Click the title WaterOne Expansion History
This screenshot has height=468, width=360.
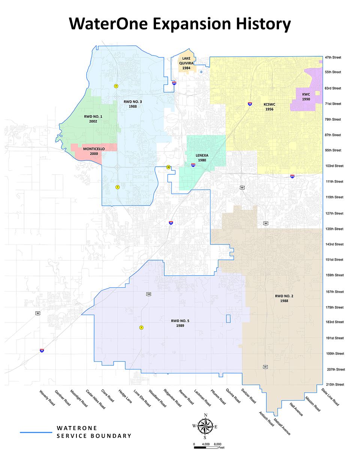point(180,23)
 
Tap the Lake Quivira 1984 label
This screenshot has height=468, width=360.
point(186,63)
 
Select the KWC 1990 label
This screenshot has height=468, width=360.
point(306,97)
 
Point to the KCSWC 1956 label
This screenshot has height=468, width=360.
point(269,107)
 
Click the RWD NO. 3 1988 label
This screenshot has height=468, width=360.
point(132,104)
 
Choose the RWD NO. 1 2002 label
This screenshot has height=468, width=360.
point(93,119)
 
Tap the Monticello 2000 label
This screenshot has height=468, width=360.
point(94,151)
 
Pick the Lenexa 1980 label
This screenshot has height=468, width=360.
point(202,157)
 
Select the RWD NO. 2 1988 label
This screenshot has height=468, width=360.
point(284,298)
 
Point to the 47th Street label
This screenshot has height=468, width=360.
point(333,57)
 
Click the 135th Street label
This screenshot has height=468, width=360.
point(334,229)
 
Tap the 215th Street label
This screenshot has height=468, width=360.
point(335,384)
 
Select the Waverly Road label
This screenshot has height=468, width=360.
point(47,398)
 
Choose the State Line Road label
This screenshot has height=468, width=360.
point(330,397)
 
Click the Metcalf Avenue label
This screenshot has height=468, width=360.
point(282,426)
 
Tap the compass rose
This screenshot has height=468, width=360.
point(205,426)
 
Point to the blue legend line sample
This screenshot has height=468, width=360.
point(36,432)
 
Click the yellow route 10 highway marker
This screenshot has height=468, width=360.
point(168,167)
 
